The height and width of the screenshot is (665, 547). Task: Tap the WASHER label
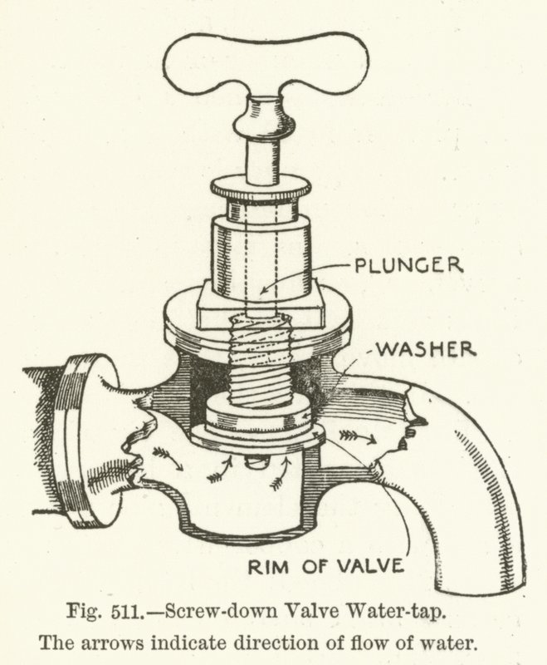[x=427, y=347]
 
